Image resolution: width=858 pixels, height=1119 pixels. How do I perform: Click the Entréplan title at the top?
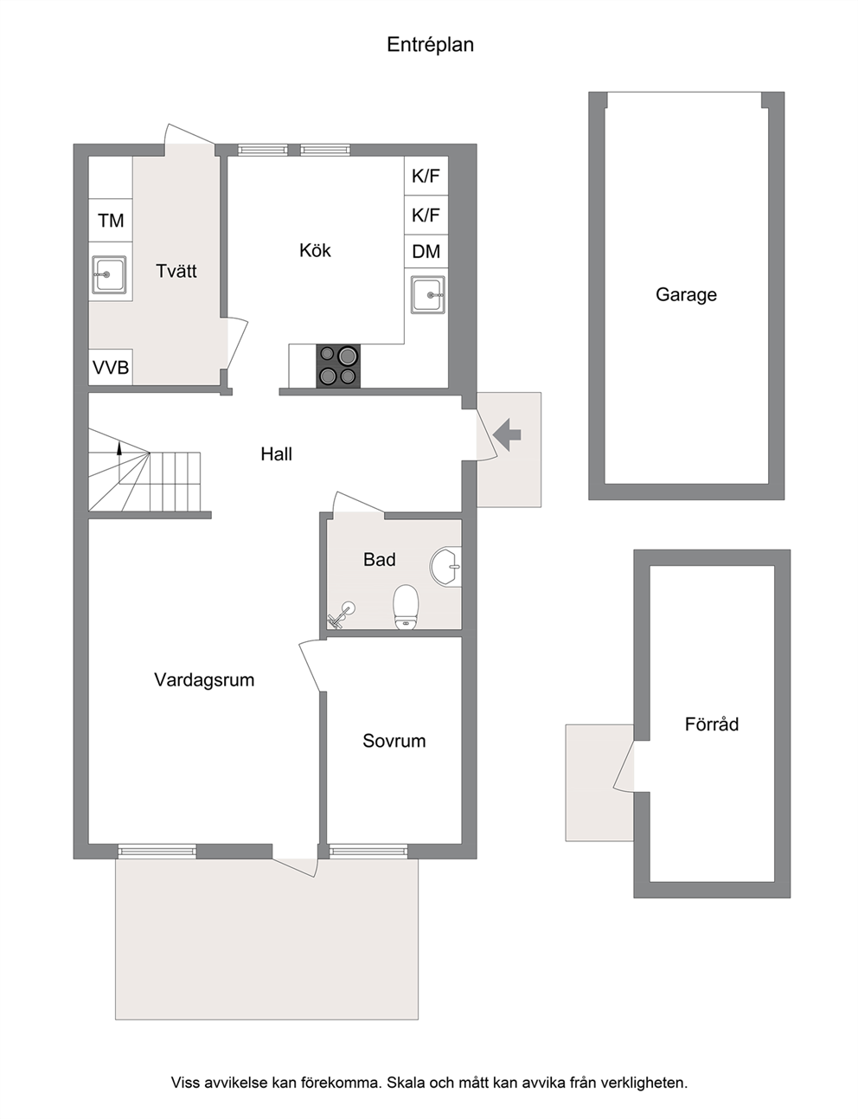tap(430, 45)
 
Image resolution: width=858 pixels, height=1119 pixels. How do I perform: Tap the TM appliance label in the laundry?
tap(111, 221)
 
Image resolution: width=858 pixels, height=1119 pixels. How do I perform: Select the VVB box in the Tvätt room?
tap(111, 367)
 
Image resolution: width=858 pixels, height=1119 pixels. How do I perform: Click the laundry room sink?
tap(109, 274)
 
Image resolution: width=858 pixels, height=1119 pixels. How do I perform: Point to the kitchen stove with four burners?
tap(338, 365)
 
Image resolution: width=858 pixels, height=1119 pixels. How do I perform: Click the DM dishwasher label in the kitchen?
tap(426, 252)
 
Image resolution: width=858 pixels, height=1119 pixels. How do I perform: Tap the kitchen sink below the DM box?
tap(428, 294)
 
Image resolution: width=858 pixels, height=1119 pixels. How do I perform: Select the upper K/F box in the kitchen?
tap(426, 176)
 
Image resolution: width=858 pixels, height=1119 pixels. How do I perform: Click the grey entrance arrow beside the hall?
tap(507, 434)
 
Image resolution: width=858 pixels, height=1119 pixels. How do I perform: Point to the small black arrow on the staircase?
tap(119, 448)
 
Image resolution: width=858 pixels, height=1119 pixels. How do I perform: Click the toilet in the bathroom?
tap(407, 607)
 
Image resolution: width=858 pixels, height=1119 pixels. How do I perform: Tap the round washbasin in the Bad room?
tap(445, 566)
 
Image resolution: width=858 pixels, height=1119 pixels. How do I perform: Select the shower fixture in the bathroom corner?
tap(340, 614)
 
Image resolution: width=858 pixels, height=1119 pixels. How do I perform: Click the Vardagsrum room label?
tap(204, 679)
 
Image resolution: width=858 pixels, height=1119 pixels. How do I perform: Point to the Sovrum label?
tap(394, 741)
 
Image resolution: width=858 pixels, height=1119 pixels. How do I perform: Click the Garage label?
tap(686, 294)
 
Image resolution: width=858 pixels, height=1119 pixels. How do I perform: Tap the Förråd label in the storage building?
tap(712, 723)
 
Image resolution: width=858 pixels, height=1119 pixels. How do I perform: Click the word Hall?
tap(276, 453)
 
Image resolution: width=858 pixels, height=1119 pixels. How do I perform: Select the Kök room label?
tap(315, 250)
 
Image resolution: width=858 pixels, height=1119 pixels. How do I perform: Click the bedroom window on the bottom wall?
tap(368, 852)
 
